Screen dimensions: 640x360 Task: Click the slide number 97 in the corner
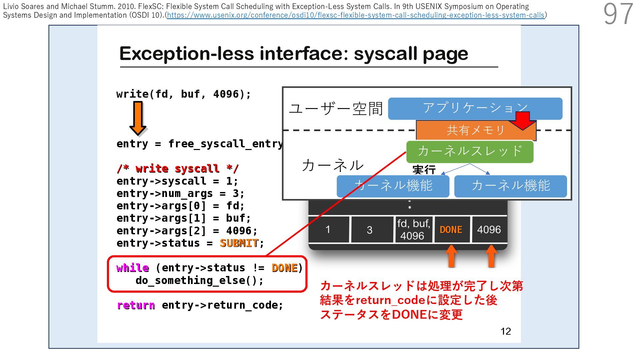click(x=618, y=14)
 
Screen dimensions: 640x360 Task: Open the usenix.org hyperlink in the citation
click(x=355, y=15)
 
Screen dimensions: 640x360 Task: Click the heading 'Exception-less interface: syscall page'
click(x=294, y=54)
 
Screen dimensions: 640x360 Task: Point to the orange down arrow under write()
click(x=138, y=118)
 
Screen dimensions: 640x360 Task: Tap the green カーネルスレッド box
click(x=469, y=151)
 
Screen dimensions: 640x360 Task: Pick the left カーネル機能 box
click(x=393, y=186)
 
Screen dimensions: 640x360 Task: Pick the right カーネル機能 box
click(x=510, y=186)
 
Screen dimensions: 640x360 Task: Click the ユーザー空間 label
click(x=336, y=109)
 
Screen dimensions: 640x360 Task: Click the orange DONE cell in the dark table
click(x=451, y=230)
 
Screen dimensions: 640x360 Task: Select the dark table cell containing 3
click(x=369, y=230)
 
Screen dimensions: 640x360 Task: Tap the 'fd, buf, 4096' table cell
click(x=413, y=230)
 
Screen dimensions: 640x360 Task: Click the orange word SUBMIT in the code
click(x=239, y=243)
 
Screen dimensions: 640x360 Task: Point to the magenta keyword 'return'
click(x=136, y=305)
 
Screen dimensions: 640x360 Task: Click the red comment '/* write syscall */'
click(x=178, y=169)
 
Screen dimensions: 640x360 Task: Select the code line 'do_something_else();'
click(x=199, y=281)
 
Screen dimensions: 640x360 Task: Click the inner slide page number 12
click(x=505, y=331)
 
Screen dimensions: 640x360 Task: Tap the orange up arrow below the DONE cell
click(x=451, y=256)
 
